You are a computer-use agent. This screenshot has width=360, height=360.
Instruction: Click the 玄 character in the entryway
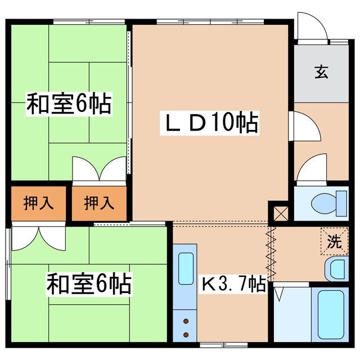click(321, 72)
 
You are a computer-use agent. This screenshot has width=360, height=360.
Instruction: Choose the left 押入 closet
click(39, 202)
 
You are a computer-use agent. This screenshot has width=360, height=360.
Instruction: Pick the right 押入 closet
click(100, 202)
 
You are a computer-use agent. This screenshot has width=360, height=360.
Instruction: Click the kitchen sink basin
click(186, 268)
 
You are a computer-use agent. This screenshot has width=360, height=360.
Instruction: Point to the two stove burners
click(186, 328)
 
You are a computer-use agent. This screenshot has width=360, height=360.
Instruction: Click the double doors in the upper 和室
click(99, 169)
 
